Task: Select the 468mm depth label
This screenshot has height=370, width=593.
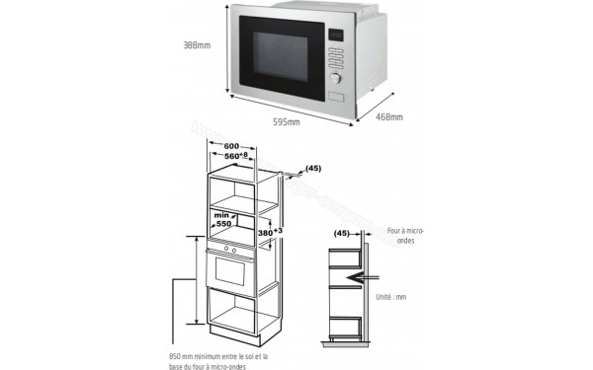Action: pos(389,116)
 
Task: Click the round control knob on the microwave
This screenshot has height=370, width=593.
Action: pos(336,75)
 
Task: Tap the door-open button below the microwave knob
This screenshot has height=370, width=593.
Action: pos(338,96)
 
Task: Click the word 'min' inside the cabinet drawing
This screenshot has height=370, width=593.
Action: pos(223,214)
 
